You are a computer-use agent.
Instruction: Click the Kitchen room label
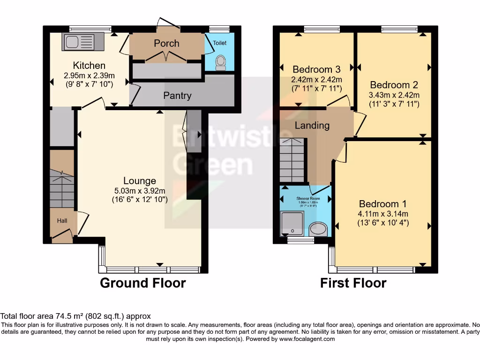pos(89,65)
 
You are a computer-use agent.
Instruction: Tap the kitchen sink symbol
pos(78,43)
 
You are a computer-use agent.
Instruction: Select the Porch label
pos(166,43)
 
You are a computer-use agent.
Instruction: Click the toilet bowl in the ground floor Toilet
pos(220,63)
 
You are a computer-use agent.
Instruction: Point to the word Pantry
pos(177,96)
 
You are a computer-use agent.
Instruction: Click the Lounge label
pos(140,180)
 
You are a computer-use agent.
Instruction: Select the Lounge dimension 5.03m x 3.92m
pos(140,190)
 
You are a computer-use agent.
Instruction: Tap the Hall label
pos(62,220)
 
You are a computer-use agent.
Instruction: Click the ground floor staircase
pos(62,187)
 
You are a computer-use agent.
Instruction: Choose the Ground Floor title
pos(143,283)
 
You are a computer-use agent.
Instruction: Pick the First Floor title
pos(353,283)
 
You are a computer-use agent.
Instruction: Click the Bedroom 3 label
pos(316,70)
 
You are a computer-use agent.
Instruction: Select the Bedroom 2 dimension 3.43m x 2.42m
pos(394,95)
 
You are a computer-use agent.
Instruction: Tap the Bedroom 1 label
pos(382,204)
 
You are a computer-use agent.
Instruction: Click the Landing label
pos(312,126)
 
